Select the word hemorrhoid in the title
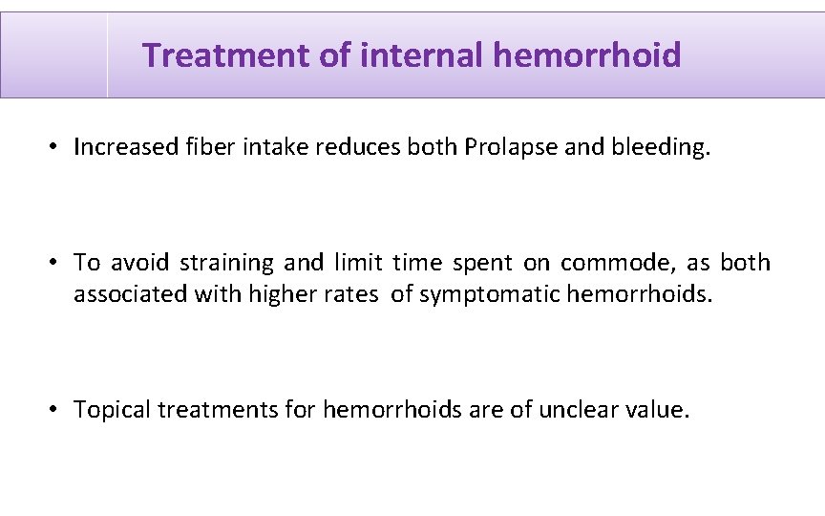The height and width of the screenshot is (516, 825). point(587,55)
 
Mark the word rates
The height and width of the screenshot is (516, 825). point(351,294)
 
